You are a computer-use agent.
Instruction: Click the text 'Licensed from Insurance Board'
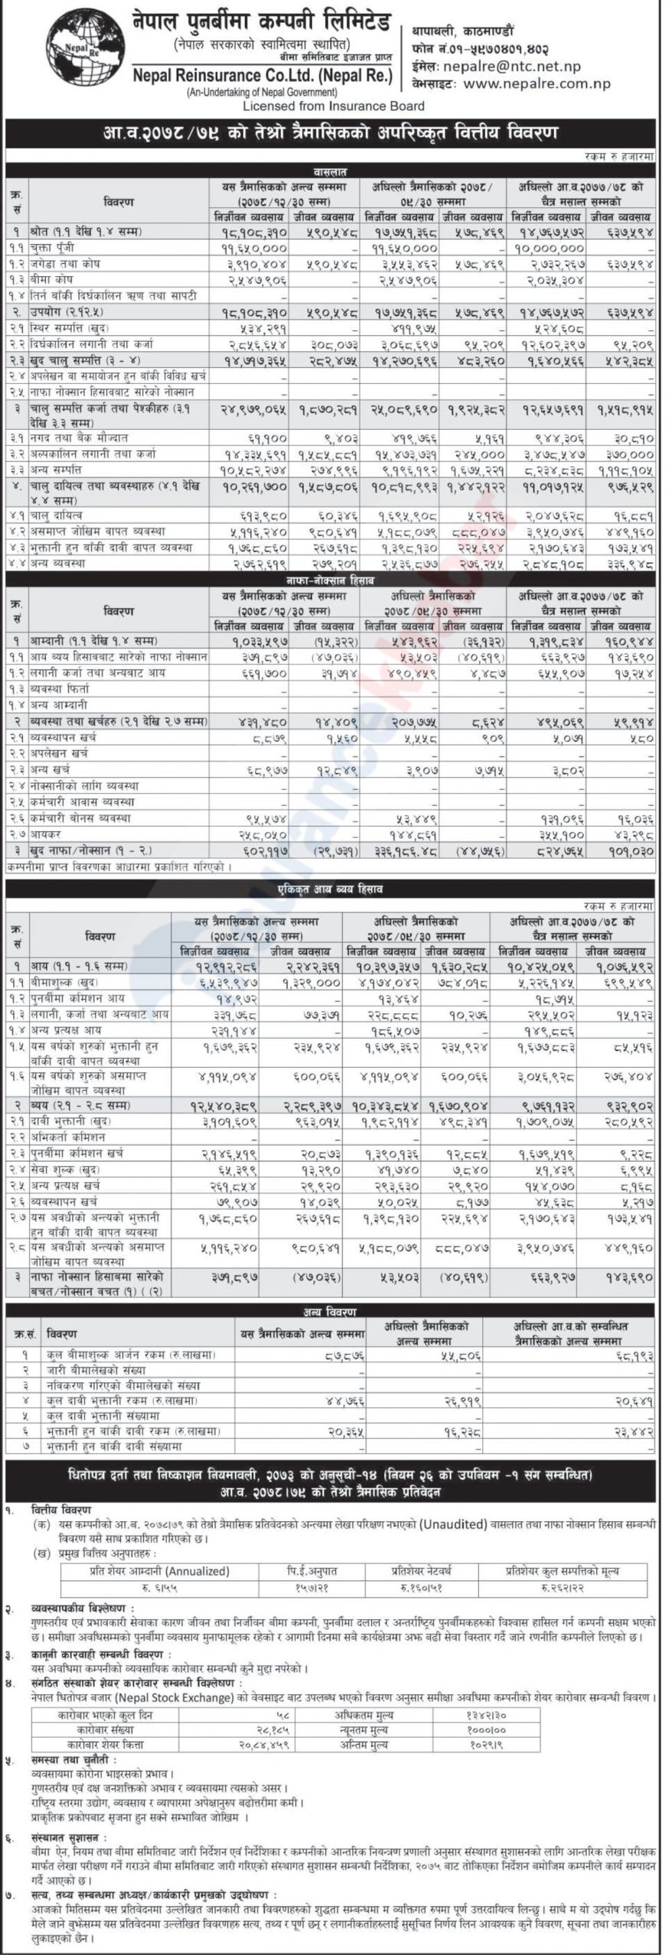[x=333, y=106]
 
